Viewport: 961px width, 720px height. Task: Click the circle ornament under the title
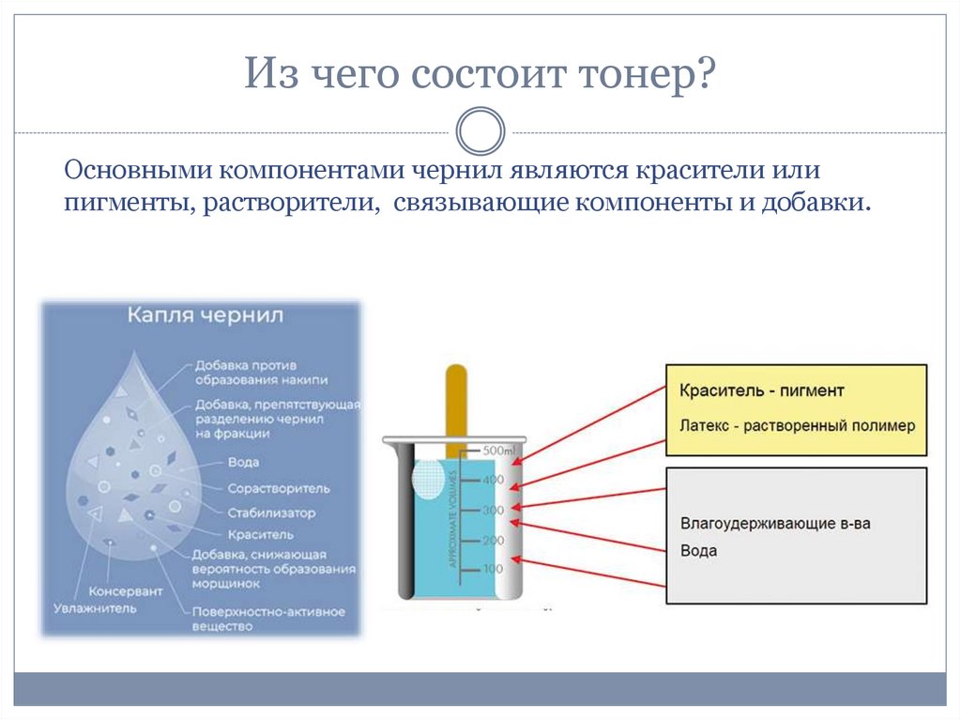point(480,130)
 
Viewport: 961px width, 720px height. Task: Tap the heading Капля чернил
point(206,315)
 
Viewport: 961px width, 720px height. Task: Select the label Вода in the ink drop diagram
point(243,463)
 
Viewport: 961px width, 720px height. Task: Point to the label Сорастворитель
point(278,488)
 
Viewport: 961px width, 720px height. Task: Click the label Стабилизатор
point(271,513)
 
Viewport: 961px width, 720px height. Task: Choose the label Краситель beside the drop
point(260,534)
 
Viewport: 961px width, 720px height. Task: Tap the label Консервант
point(125,592)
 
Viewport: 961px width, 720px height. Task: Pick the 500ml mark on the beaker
point(495,451)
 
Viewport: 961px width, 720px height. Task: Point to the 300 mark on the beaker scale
point(494,510)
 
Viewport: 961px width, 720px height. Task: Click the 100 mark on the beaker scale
point(494,570)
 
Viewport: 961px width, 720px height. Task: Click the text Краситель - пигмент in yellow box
point(761,391)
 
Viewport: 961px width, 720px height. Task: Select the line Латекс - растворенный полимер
point(796,425)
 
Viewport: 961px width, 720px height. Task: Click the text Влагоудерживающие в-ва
point(774,523)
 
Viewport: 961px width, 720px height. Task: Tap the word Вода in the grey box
point(698,551)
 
